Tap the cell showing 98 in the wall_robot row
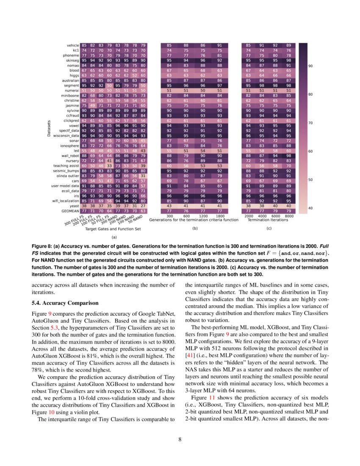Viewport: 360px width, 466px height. [288, 156]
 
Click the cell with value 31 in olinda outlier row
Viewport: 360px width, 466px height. [143, 176]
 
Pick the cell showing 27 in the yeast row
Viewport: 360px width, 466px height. [143, 205]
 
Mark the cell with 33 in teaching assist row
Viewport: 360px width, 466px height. [110, 166]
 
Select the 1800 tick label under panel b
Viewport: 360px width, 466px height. [219, 216]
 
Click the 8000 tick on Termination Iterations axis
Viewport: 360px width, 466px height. [288, 216]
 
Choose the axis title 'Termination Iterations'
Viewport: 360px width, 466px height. [268, 220]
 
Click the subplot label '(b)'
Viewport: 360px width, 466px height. [195, 229]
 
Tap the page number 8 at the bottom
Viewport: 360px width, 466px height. [180, 439]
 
